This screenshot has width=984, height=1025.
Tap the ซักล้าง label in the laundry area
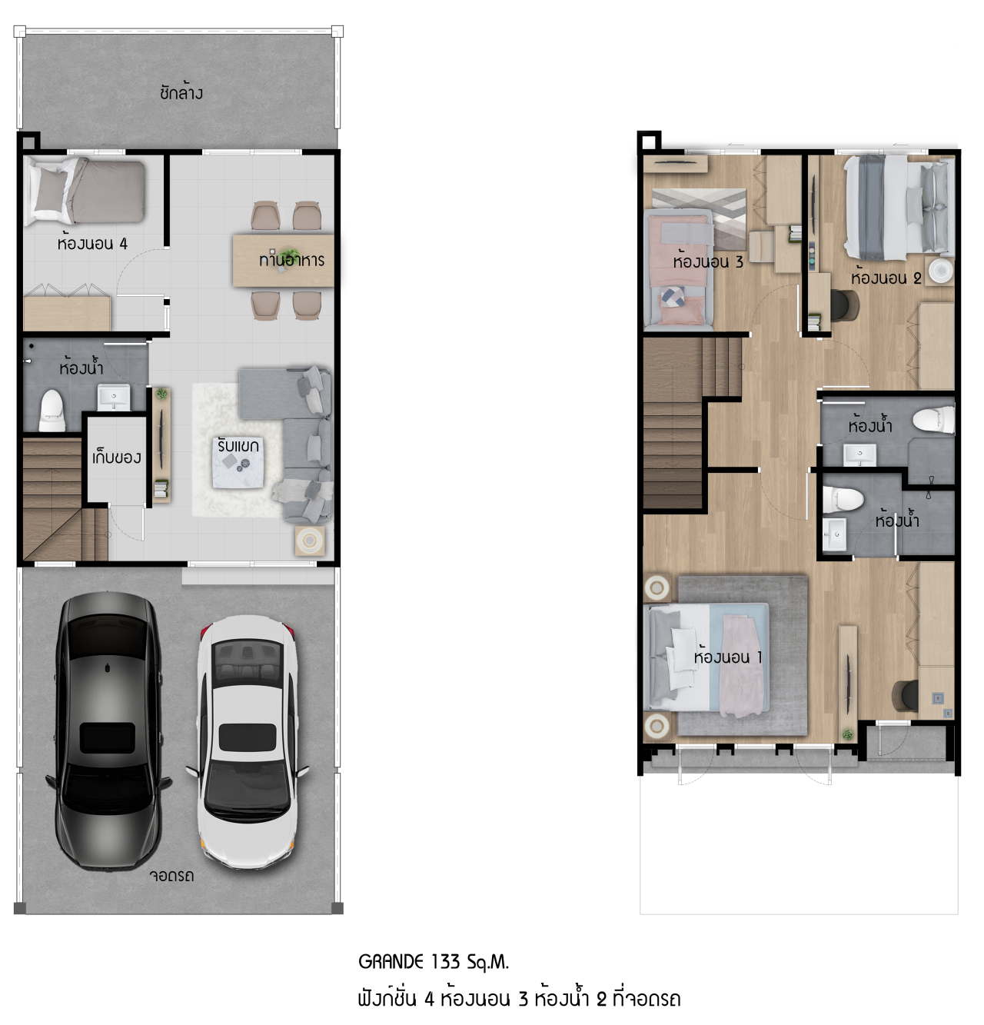[x=181, y=93]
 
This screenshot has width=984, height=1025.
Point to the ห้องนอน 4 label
[x=92, y=244]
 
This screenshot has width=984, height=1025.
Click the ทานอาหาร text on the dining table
[x=291, y=260]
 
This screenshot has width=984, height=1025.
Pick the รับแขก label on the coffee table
[x=238, y=446]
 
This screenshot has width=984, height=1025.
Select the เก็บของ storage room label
[x=116, y=458]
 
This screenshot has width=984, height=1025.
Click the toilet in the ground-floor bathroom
[x=52, y=409]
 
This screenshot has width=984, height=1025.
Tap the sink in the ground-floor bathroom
[x=114, y=398]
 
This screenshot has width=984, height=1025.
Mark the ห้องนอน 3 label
[x=707, y=261]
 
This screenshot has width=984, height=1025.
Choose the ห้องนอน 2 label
[x=885, y=278]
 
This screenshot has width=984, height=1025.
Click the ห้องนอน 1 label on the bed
[x=727, y=657]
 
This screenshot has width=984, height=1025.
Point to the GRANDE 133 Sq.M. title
[x=434, y=962]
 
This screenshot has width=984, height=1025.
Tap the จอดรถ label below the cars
[x=171, y=876]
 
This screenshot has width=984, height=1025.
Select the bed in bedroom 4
[x=85, y=191]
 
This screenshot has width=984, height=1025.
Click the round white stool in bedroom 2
[x=939, y=271]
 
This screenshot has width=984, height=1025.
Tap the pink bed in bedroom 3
[x=679, y=269]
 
